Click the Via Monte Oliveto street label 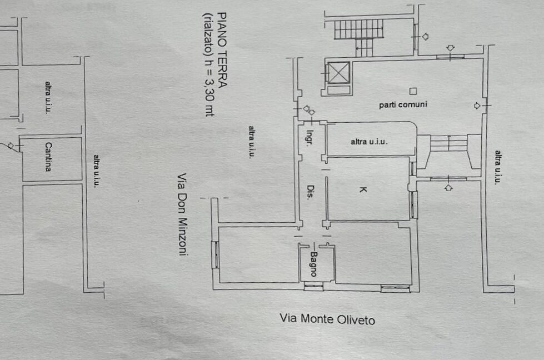(x=327, y=319)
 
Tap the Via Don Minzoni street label (x=182, y=214)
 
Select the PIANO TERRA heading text (x=222, y=50)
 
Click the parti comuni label (x=403, y=104)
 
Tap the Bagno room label (x=313, y=264)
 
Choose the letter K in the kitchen (x=363, y=189)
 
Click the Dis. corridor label (x=311, y=192)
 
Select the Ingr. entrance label (x=310, y=138)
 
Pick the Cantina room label (x=48, y=157)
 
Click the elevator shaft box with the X (x=338, y=72)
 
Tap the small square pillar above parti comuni (x=413, y=91)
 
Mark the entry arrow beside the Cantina (x=11, y=146)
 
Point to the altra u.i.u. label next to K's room (x=369, y=142)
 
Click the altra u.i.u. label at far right (x=498, y=167)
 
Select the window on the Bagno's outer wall (x=313, y=286)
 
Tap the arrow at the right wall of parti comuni (x=477, y=106)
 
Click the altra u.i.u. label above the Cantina (x=48, y=97)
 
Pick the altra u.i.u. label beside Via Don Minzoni (x=252, y=142)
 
